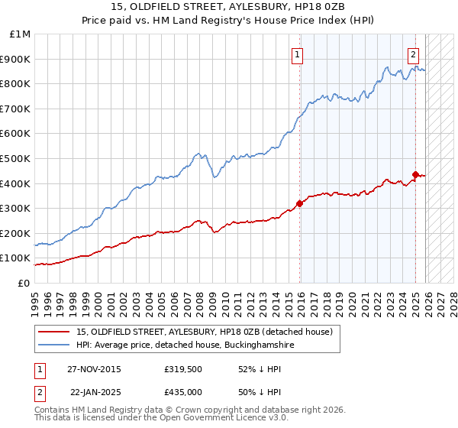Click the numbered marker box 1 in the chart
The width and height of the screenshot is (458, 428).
tap(296, 54)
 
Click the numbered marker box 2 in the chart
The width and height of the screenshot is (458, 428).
tap(413, 54)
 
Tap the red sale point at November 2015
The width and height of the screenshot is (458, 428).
tap(299, 203)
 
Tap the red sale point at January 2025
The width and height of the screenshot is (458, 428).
tap(415, 174)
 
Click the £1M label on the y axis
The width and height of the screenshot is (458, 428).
tap(21, 34)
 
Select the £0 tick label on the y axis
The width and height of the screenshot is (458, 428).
tap(24, 283)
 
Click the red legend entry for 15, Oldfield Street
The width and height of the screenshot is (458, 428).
tap(204, 332)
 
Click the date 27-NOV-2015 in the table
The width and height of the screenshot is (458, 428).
tap(94, 369)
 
